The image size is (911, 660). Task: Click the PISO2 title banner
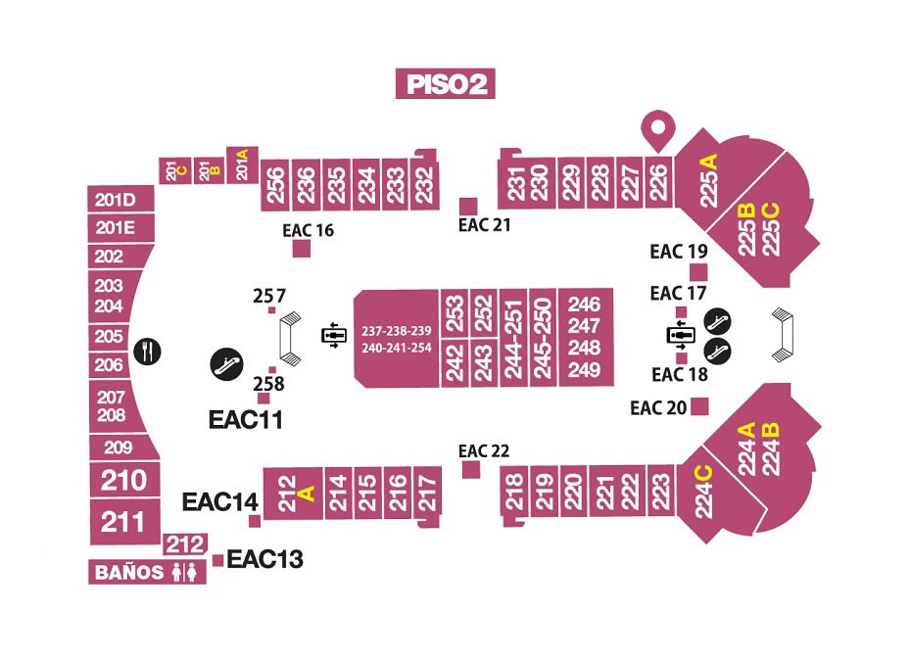pyautogui.click(x=445, y=83)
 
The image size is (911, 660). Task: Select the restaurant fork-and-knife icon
pyautogui.click(x=148, y=352)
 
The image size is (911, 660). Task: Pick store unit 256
pyautogui.click(x=275, y=185)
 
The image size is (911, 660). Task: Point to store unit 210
pyautogui.click(x=125, y=480)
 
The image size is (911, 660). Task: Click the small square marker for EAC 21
pyautogui.click(x=468, y=207)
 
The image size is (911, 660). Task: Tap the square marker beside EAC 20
pyautogui.click(x=699, y=406)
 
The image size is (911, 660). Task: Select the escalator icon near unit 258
pyautogui.click(x=226, y=364)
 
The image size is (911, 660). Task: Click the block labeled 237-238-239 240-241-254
pyautogui.click(x=397, y=339)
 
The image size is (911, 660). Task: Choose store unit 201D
pyautogui.click(x=120, y=200)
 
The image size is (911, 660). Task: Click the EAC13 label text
pyautogui.click(x=264, y=559)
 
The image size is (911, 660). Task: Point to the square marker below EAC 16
pyautogui.click(x=301, y=249)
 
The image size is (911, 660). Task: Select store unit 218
pyautogui.click(x=514, y=494)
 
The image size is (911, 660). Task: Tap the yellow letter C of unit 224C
pyautogui.click(x=703, y=473)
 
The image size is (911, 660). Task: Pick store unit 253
pyautogui.click(x=455, y=312)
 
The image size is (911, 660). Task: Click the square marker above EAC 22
pyautogui.click(x=471, y=469)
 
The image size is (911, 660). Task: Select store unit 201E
pyautogui.click(x=120, y=228)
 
